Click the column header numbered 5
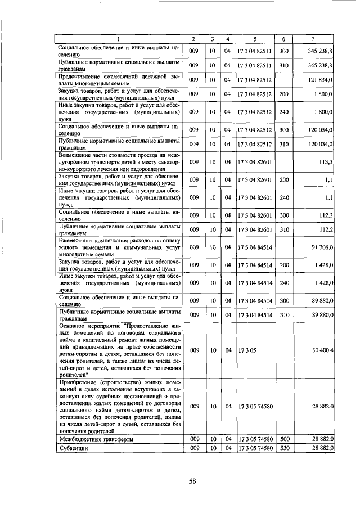[255, 39]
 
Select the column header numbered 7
[313, 39]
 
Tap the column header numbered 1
[119, 39]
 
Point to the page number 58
[192, 481]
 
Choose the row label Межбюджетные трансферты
[96, 439]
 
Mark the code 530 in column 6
[284, 448]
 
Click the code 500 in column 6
[284, 439]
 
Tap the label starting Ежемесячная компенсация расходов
[119, 247]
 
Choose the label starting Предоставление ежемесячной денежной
[119, 80]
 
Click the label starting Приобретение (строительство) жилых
[119, 406]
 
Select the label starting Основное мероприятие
[119, 350]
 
